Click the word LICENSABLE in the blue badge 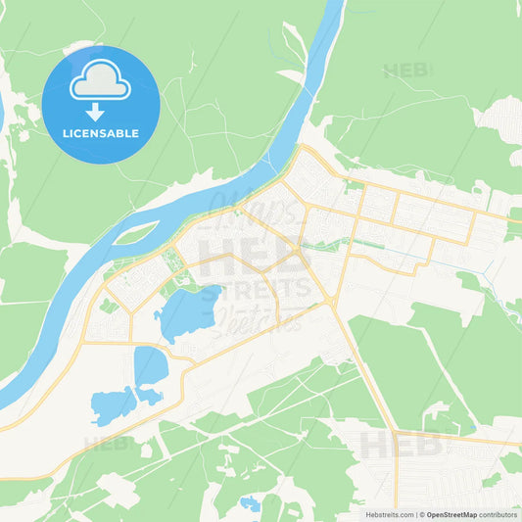pos(101,133)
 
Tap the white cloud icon pos(101,81)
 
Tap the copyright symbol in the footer pos(422,513)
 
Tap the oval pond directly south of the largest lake pos(150,365)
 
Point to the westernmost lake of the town pos(111,404)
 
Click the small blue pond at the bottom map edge pos(251,503)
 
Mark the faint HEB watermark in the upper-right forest pos(407,71)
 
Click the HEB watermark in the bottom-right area pos(400,446)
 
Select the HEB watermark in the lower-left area pos(107,443)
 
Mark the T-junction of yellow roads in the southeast pos(395,432)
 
